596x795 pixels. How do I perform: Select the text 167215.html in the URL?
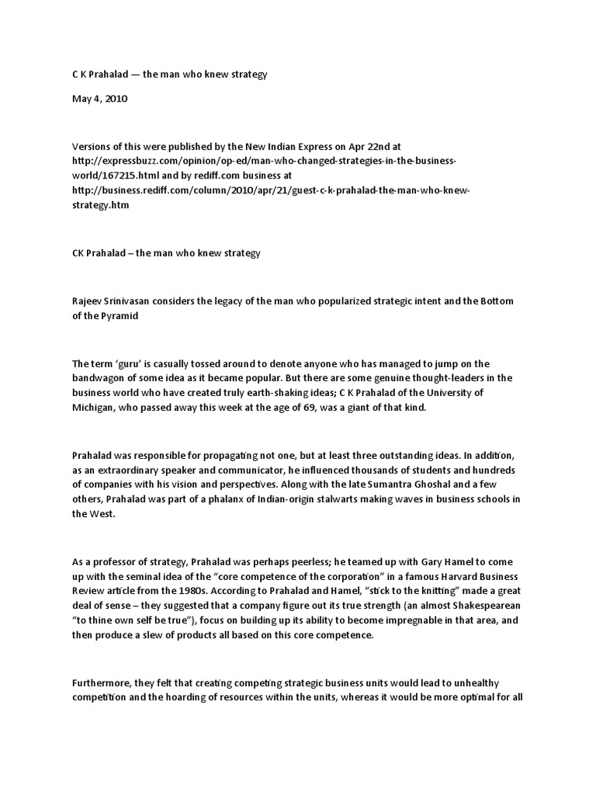tap(104, 176)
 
